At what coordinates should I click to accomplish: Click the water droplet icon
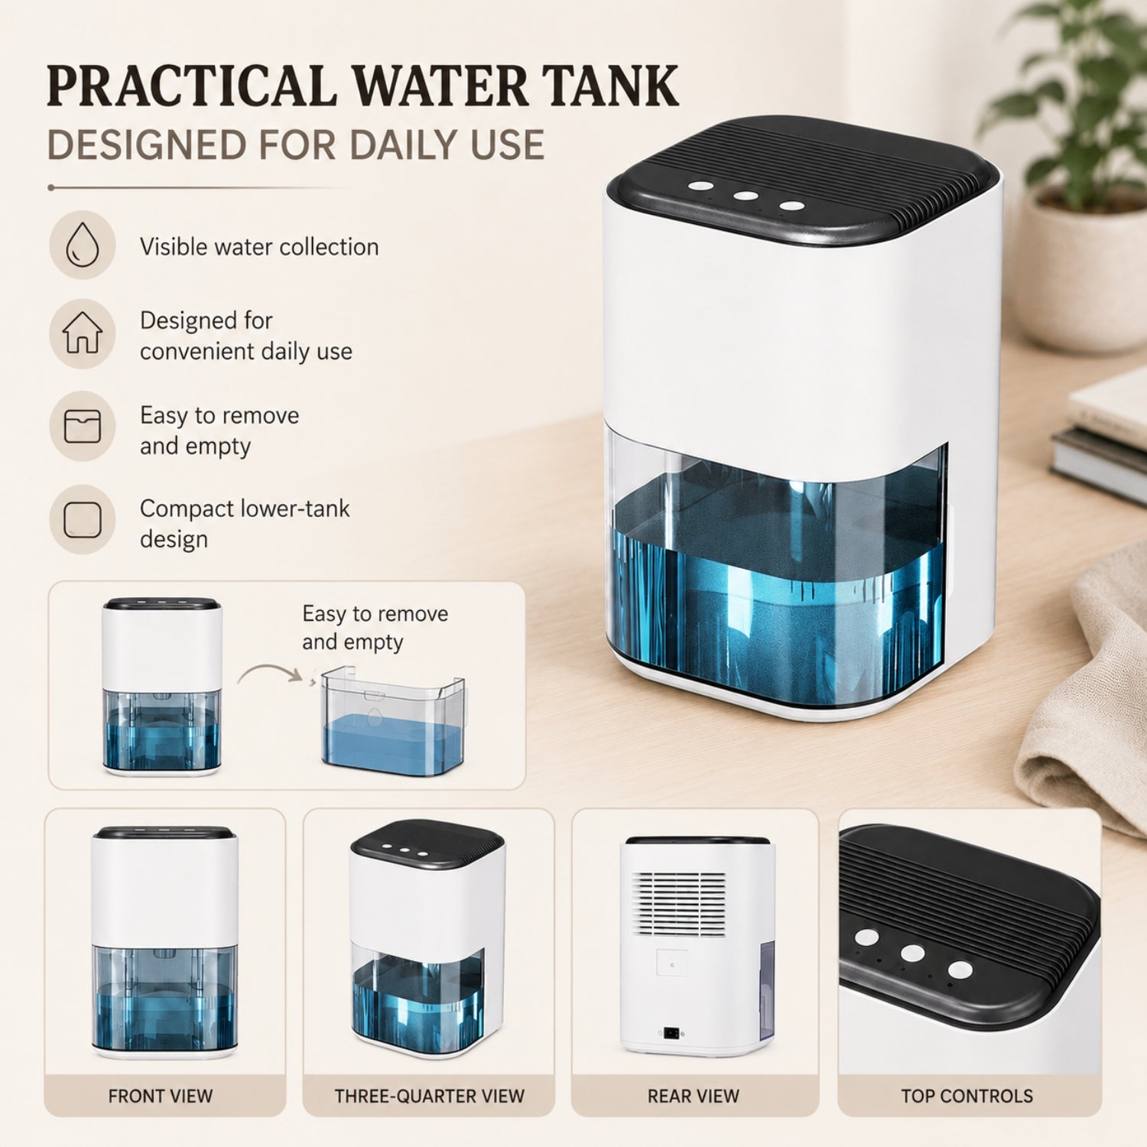pyautogui.click(x=83, y=245)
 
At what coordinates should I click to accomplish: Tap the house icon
pyautogui.click(x=83, y=333)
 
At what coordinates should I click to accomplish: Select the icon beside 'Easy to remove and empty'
pyautogui.click(x=83, y=426)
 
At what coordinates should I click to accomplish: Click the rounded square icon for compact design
pyautogui.click(x=83, y=519)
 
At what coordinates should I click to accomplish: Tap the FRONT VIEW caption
pyautogui.click(x=161, y=1096)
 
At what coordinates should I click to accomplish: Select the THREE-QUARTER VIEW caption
pyautogui.click(x=430, y=1096)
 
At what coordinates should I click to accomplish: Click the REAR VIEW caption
pyautogui.click(x=694, y=1096)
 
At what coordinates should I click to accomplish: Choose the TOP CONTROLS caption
pyautogui.click(x=967, y=1096)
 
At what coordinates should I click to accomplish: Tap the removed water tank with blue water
pyautogui.click(x=392, y=721)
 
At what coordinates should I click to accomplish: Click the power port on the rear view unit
pyautogui.click(x=671, y=1032)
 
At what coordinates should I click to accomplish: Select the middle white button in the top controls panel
pyautogui.click(x=912, y=953)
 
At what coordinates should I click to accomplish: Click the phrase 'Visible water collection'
pyautogui.click(x=259, y=246)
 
